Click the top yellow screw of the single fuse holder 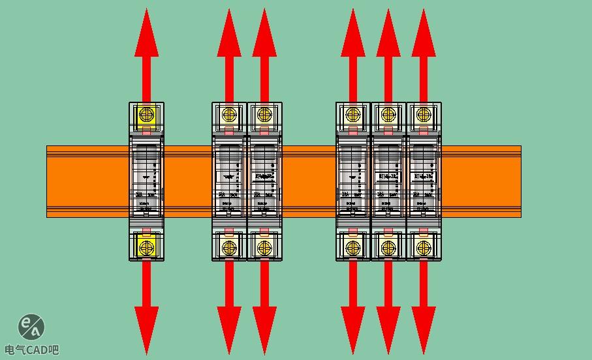point(146,115)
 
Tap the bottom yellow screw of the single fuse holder point(146,248)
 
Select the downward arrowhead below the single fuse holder point(146,329)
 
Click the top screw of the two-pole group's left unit point(229,115)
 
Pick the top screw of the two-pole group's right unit point(264,115)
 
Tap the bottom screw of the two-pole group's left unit point(229,248)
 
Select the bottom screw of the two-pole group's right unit point(264,248)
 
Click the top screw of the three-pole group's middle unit point(388,115)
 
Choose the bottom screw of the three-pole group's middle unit point(388,248)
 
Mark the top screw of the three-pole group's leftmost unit point(353,115)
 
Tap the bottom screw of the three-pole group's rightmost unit point(424,248)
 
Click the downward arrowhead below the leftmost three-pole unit point(353,329)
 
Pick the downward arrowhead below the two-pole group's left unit point(229,329)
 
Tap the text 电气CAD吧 point(31,350)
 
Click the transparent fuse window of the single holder point(146,173)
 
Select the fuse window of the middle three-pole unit point(388,173)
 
